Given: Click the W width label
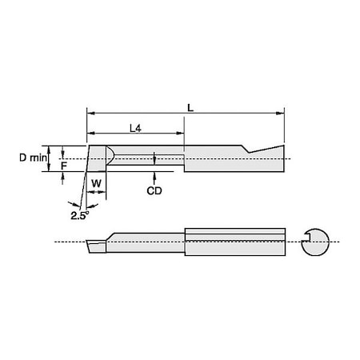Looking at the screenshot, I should pos(97,183).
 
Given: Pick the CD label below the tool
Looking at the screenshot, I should pos(155,191).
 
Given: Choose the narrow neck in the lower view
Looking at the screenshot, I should pos(148,242).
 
